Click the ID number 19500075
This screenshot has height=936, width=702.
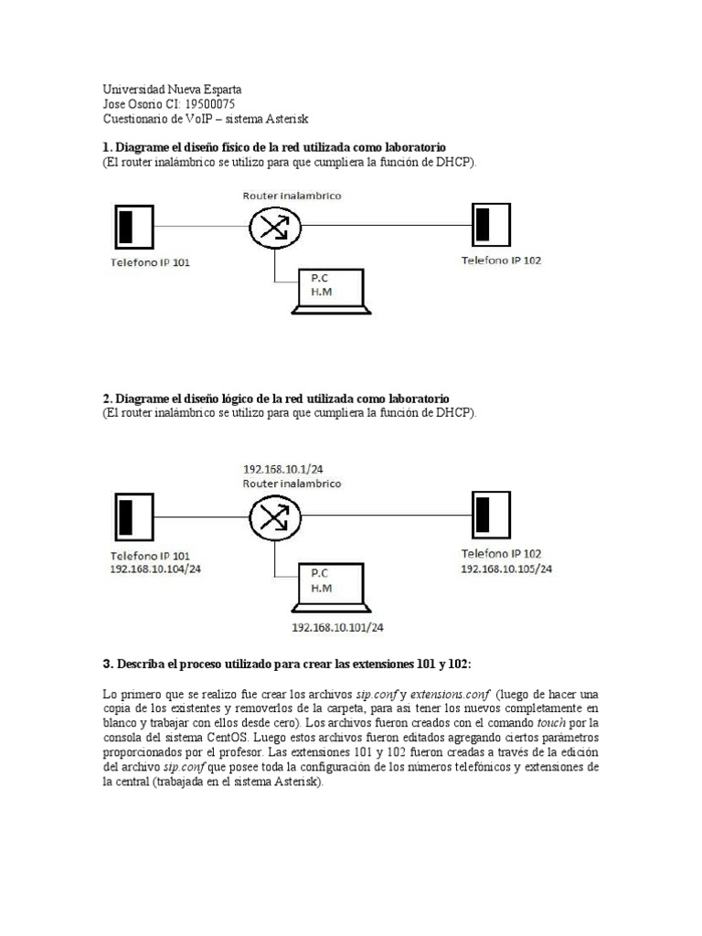click(209, 104)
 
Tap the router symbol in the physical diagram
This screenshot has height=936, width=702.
click(274, 227)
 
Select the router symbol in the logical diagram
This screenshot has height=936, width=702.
click(274, 516)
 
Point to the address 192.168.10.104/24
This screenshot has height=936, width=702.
click(155, 569)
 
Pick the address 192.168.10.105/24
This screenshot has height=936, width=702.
click(505, 568)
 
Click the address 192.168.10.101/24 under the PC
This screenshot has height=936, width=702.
click(337, 628)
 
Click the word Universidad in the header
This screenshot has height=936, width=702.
click(133, 90)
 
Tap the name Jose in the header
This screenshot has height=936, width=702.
click(115, 104)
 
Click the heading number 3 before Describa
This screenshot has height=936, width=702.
click(107, 662)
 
